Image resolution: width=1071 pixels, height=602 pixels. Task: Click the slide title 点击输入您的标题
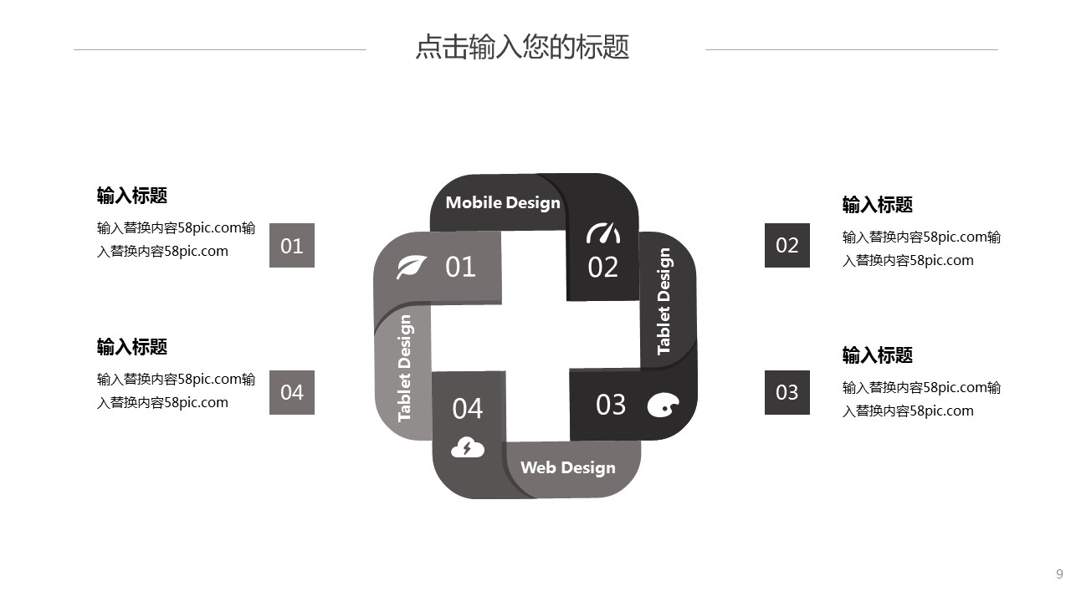[522, 47]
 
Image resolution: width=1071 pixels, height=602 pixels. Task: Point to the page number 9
[1059, 574]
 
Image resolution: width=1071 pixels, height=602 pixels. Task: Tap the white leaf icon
[412, 267]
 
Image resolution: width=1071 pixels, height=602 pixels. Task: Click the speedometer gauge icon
[603, 232]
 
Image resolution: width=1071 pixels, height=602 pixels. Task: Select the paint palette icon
[663, 405]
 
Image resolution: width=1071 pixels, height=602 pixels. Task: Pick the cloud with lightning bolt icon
[468, 447]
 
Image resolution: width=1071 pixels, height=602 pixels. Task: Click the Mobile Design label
[503, 202]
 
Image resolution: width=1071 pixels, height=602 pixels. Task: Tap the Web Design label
[568, 467]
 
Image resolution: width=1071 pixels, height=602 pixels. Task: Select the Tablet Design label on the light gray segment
[405, 368]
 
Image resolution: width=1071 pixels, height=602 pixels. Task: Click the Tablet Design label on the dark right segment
[664, 301]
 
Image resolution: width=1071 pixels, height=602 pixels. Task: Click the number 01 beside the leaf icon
[460, 267]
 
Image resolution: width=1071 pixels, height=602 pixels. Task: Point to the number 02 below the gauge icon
[603, 268]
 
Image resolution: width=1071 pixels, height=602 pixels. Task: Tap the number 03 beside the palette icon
[611, 405]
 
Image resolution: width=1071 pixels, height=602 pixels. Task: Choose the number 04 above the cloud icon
[468, 409]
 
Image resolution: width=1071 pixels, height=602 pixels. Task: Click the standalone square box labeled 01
[292, 246]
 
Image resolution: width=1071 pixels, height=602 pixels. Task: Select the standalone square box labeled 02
[787, 245]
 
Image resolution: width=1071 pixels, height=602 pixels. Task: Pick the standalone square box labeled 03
[787, 392]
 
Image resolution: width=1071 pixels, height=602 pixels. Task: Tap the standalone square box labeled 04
[292, 392]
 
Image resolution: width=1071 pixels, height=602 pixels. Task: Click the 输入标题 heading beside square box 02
[877, 205]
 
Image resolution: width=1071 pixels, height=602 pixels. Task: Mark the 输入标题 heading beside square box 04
[132, 347]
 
